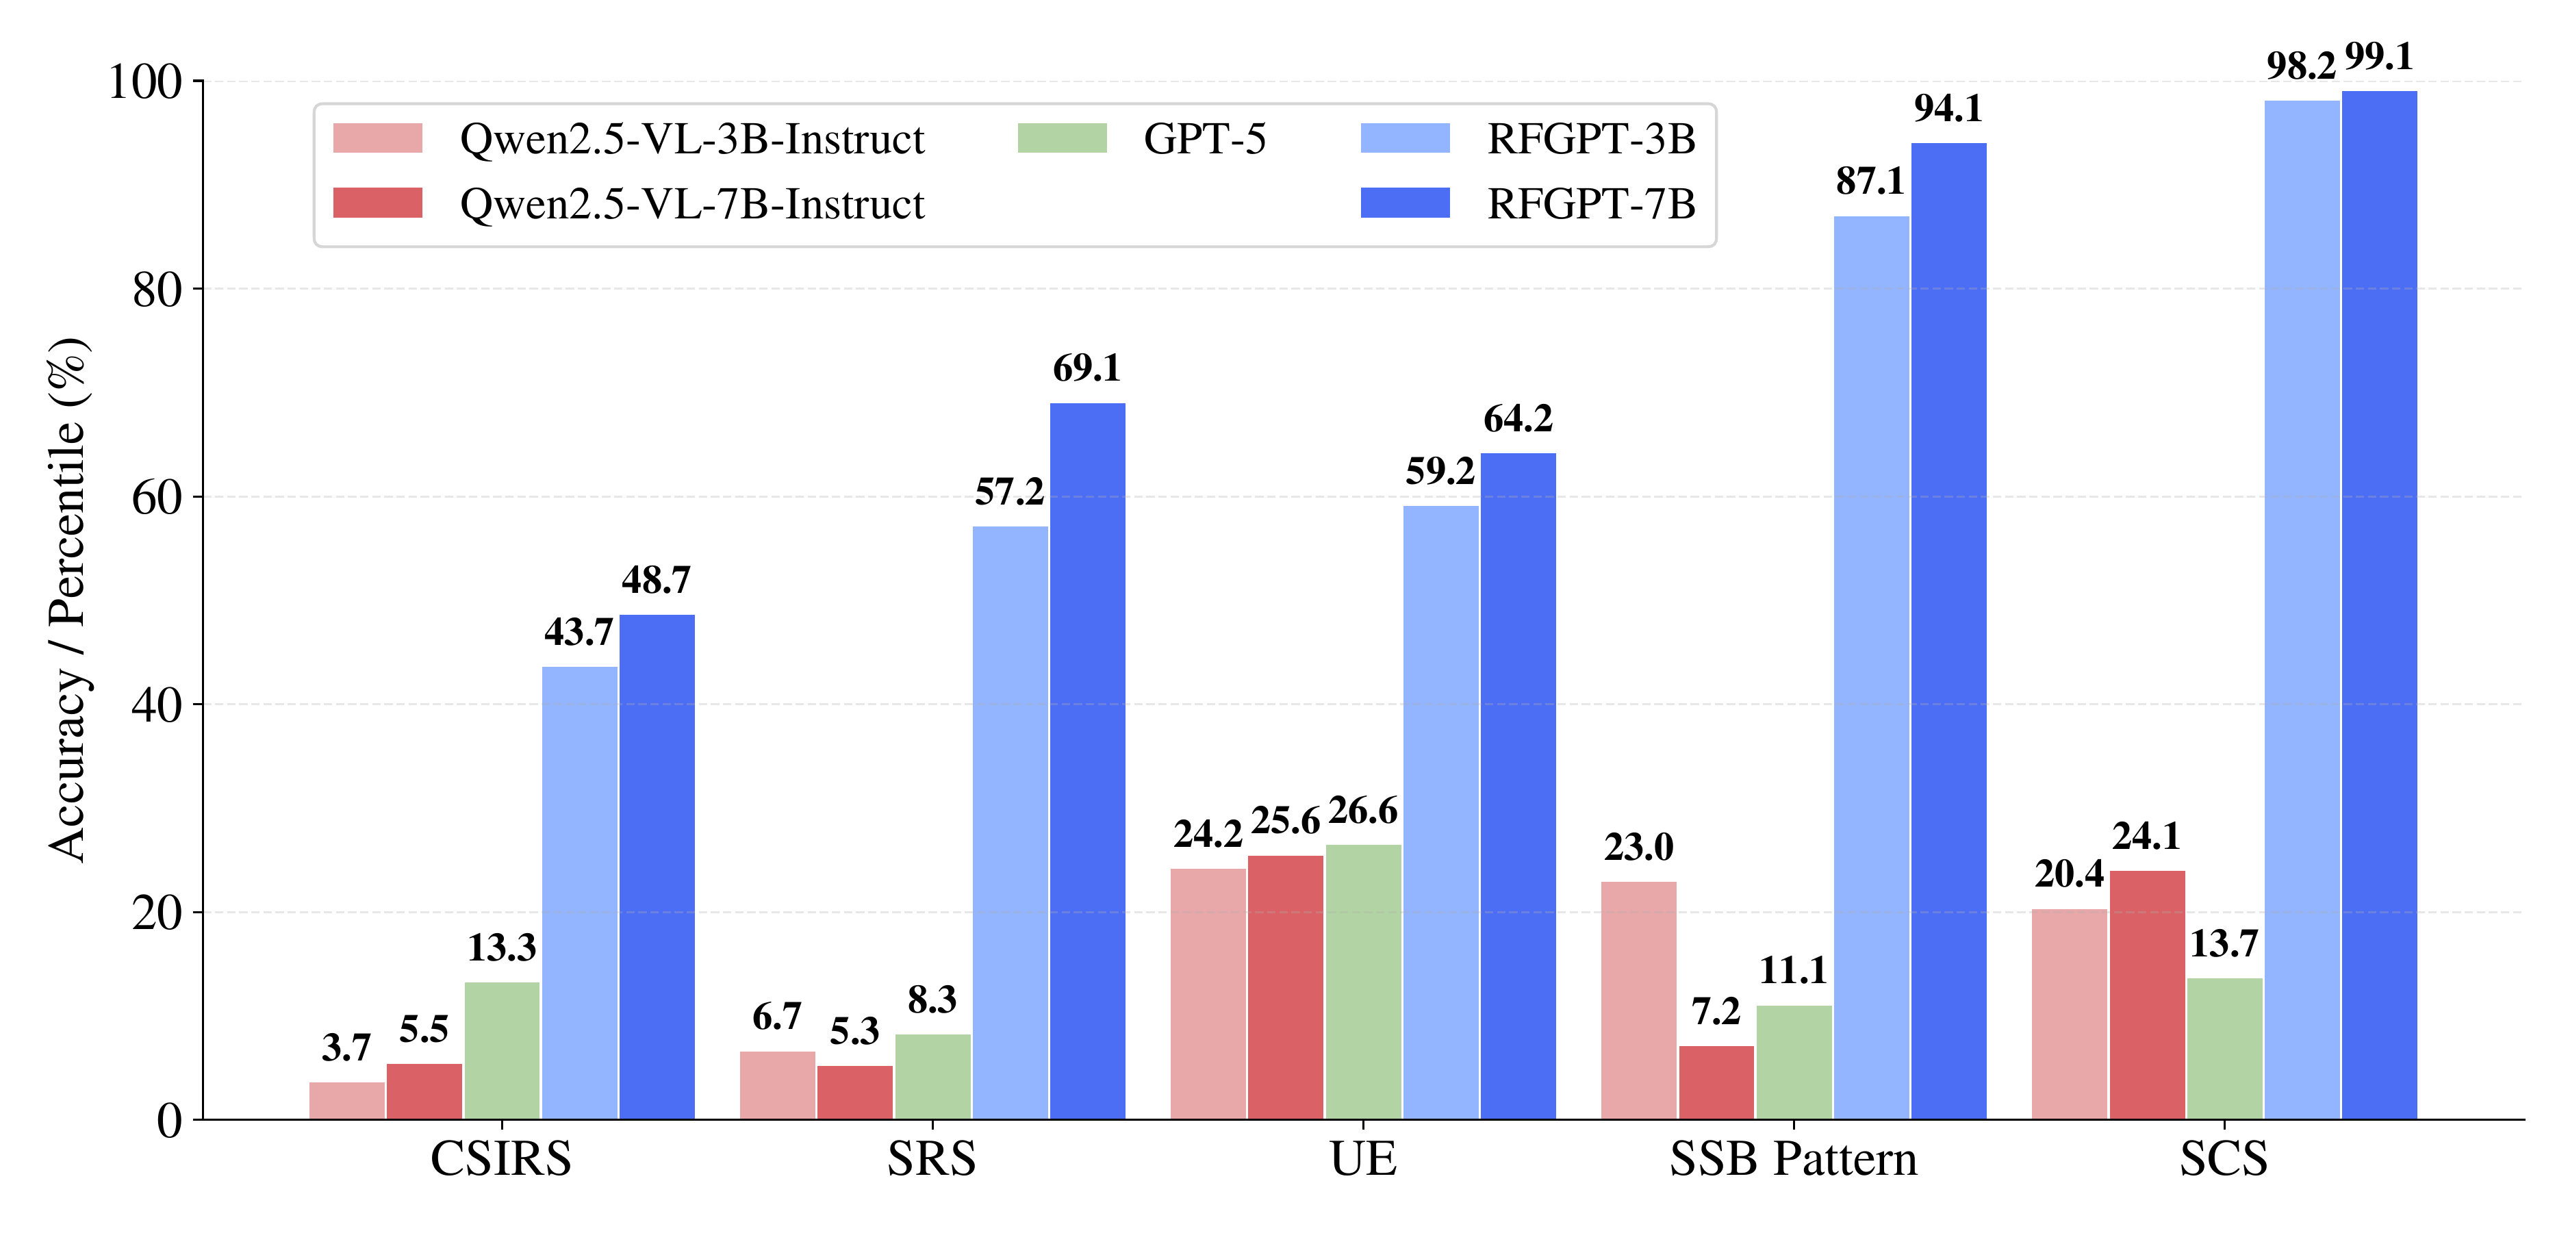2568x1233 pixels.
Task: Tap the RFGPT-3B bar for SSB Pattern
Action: pyautogui.click(x=1871, y=667)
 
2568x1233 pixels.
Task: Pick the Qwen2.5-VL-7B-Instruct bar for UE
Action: pyautogui.click(x=1285, y=987)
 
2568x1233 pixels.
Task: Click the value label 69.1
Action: pyautogui.click(x=1086, y=369)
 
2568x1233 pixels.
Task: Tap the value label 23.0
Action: pyautogui.click(x=1638, y=848)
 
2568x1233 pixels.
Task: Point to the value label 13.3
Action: pyautogui.click(x=501, y=947)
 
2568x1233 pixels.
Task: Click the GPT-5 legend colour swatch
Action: pyautogui.click(x=1062, y=138)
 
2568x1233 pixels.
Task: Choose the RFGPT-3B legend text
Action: pyautogui.click(x=1590, y=138)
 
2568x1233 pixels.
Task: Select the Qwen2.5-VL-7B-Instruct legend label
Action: pyautogui.click(x=692, y=204)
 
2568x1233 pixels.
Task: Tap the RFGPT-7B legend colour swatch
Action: pyautogui.click(x=1405, y=203)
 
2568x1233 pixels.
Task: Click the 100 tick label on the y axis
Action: pyautogui.click(x=144, y=81)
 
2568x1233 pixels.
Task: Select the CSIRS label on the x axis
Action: pyautogui.click(x=500, y=1159)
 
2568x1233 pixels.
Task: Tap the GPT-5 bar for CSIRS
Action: pyautogui.click(x=501, y=1051)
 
